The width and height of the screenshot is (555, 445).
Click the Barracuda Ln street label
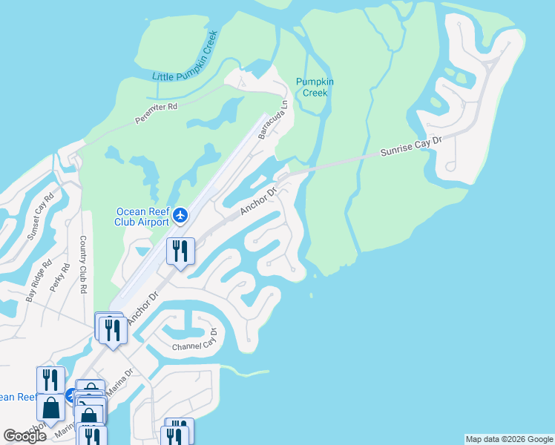pos(272,121)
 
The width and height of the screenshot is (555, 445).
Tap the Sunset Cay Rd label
pos(41,216)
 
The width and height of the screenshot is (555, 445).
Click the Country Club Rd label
pos(83,265)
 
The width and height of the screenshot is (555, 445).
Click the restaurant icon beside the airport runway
pos(180,252)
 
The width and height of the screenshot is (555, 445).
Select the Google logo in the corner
pos(25,436)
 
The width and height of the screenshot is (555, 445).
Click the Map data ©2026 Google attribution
pos(509,439)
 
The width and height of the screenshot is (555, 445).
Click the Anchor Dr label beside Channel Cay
pos(143,307)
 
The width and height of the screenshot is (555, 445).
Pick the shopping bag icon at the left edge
pos(50,408)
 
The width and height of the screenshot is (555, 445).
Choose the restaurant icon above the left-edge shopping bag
pos(50,380)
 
